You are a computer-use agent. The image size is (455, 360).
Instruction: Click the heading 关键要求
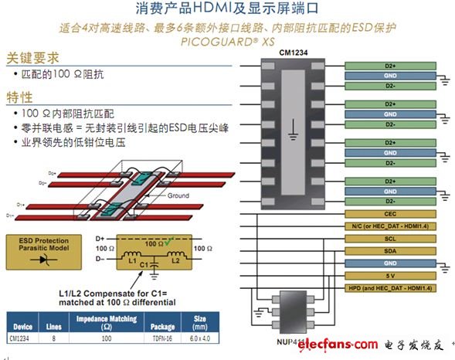pyautogui.click(x=33, y=58)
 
